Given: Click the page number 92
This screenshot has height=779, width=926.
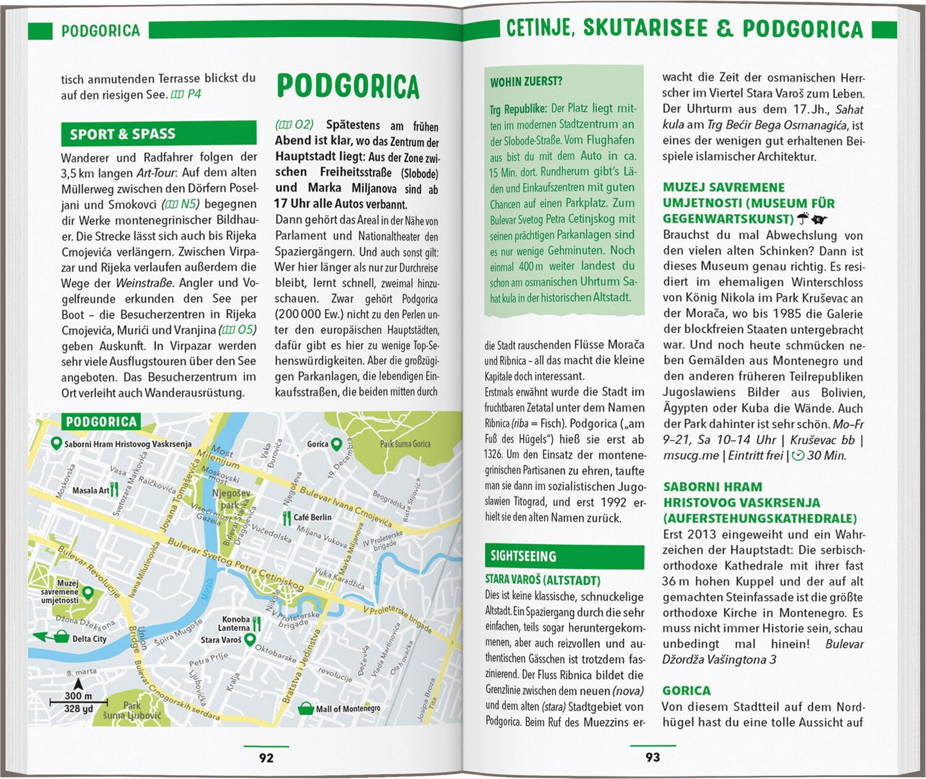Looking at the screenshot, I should click(266, 758).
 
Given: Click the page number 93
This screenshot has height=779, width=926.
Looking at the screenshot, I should click(652, 757).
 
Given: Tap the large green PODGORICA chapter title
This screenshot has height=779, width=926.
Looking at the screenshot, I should click(348, 86).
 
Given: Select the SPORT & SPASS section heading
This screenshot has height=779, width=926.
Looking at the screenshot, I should click(122, 134).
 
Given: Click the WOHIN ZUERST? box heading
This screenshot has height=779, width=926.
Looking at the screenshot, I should click(526, 82).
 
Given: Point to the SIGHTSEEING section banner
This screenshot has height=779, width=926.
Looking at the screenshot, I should click(524, 556).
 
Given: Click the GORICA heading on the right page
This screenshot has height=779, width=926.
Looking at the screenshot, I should click(686, 691).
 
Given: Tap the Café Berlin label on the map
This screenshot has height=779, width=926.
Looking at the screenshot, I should click(313, 518).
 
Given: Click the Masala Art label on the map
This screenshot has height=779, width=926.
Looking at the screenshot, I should click(90, 491).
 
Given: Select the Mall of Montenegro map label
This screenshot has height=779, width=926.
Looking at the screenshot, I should click(348, 709).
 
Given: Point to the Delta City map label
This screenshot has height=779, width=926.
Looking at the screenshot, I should click(89, 639).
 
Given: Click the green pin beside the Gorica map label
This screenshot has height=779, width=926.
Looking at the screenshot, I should click(336, 443).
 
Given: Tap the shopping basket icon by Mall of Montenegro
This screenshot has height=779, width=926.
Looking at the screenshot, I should click(306, 709).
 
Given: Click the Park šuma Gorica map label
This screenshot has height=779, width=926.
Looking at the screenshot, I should click(405, 443).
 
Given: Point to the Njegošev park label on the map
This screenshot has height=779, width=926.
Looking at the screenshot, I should click(231, 499).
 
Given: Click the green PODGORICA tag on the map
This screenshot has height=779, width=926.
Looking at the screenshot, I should click(101, 422).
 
